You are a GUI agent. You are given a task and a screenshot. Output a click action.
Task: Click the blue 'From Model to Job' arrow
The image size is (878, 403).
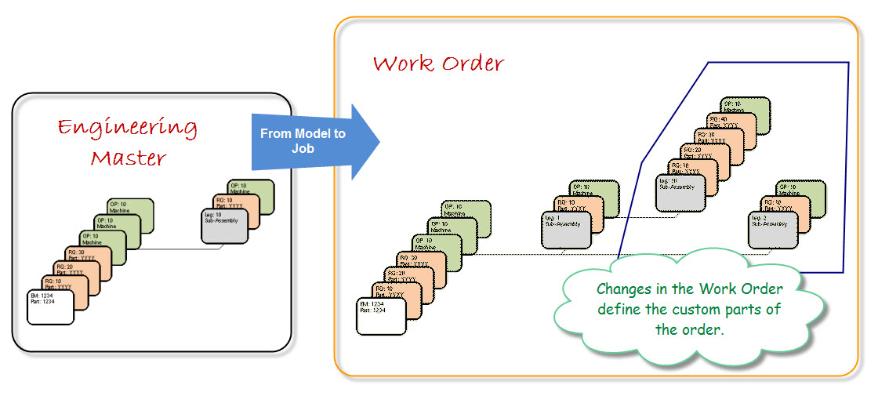[314, 140]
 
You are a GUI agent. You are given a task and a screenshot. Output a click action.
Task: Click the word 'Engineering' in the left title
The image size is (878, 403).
[128, 128]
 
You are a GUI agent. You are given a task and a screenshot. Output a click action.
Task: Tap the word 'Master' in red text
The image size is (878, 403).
[129, 158]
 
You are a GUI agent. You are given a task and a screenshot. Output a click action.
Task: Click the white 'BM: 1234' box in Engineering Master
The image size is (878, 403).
[49, 307]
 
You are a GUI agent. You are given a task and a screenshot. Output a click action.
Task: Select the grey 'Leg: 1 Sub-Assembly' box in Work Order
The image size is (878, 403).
[565, 230]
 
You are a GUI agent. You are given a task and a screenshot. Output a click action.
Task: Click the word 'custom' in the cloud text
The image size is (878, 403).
[709, 309]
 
